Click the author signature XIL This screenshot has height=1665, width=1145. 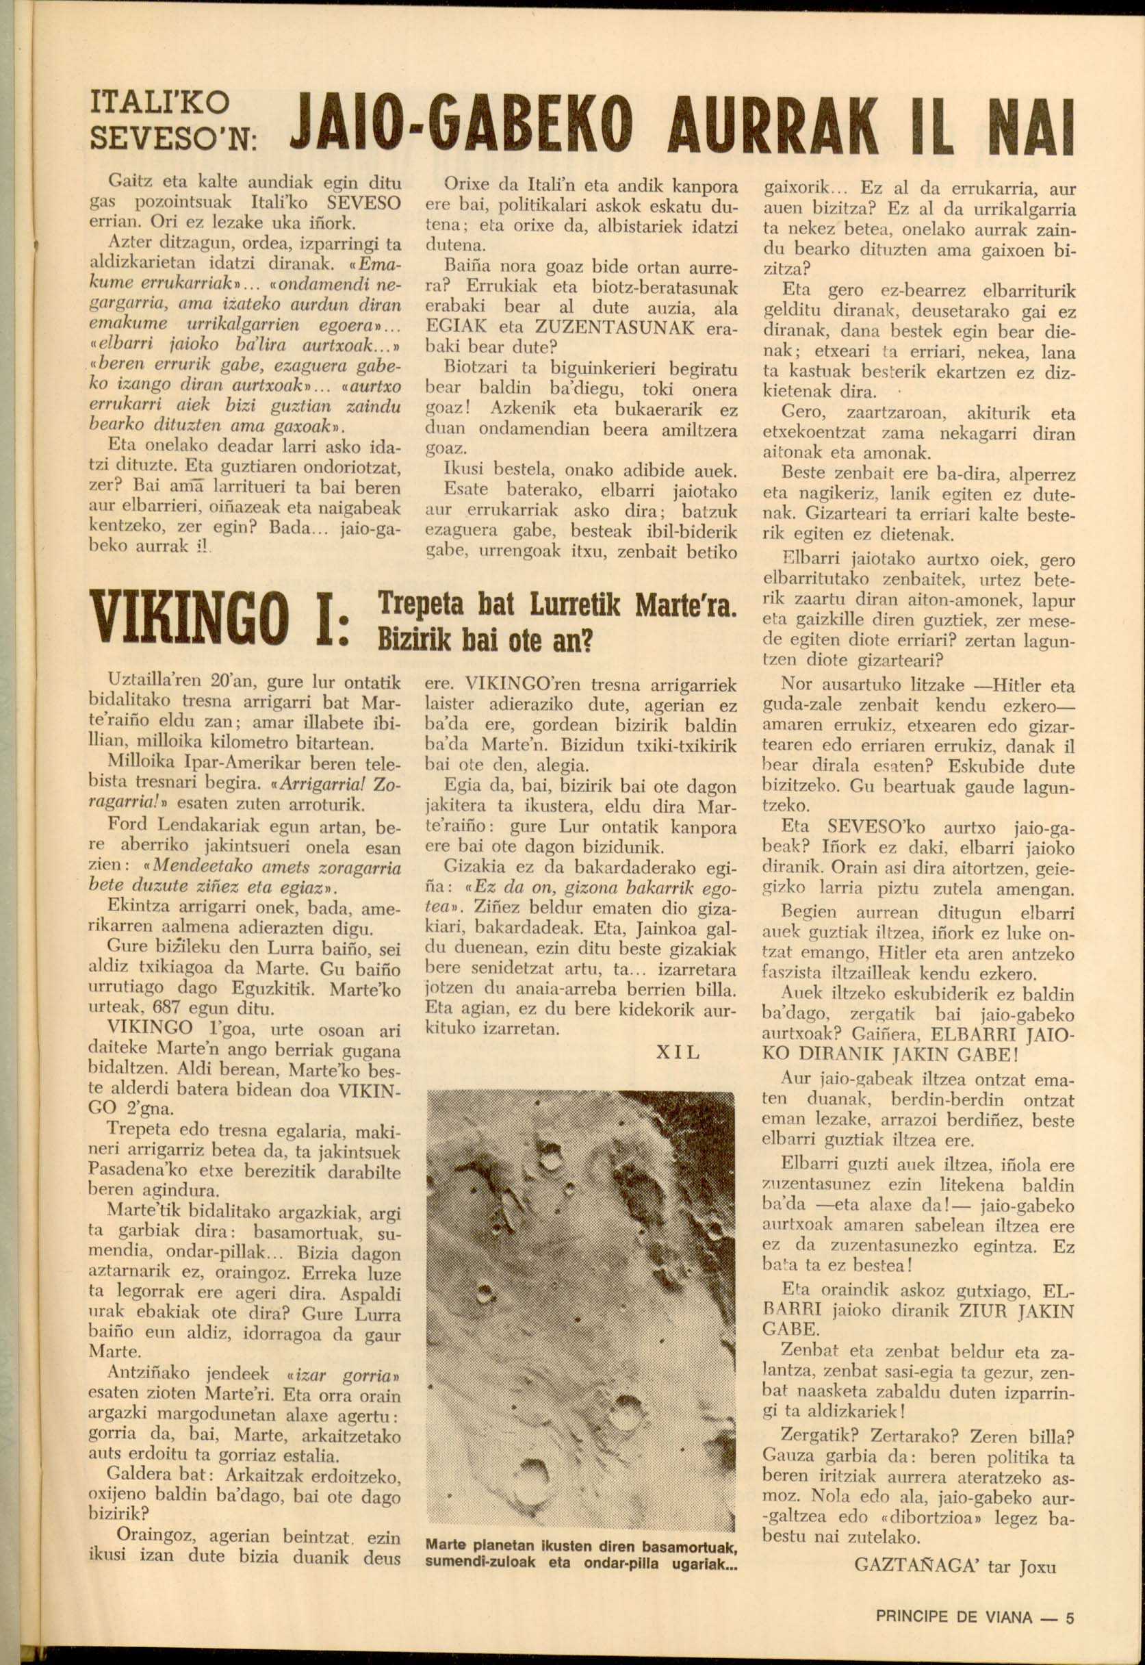point(678,1053)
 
